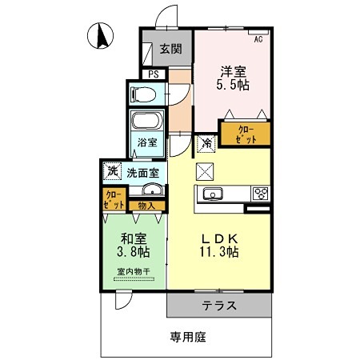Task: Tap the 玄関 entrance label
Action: click(x=169, y=49)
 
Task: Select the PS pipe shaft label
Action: click(x=153, y=75)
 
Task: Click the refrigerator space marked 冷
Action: click(x=206, y=144)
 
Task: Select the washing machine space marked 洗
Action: click(x=113, y=171)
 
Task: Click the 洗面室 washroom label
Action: click(x=142, y=172)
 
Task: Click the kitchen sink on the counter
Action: click(x=214, y=193)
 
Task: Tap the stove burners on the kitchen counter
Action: click(x=261, y=193)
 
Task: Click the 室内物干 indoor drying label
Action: click(x=134, y=270)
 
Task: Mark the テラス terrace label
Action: click(x=217, y=305)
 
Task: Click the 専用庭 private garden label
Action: click(x=188, y=337)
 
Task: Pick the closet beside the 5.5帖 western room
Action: click(x=245, y=134)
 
